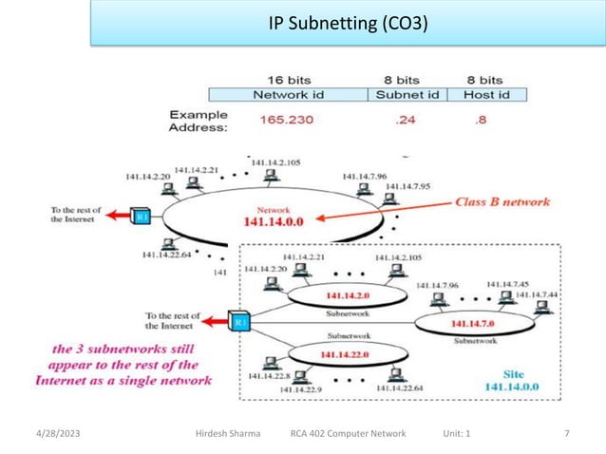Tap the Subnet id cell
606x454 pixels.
(407, 95)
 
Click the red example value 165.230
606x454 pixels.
(287, 121)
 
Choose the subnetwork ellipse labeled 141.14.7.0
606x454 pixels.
(462, 324)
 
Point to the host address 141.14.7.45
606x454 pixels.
(508, 283)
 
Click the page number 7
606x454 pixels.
(567, 433)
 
